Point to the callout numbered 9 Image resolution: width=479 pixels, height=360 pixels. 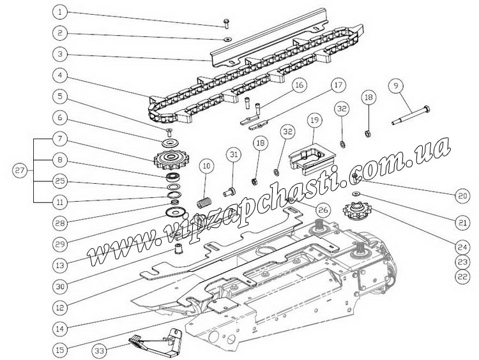397,84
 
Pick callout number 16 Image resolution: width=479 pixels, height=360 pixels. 299,86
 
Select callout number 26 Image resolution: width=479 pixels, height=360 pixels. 323,209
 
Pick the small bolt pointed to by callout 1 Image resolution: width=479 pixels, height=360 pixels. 227,24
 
